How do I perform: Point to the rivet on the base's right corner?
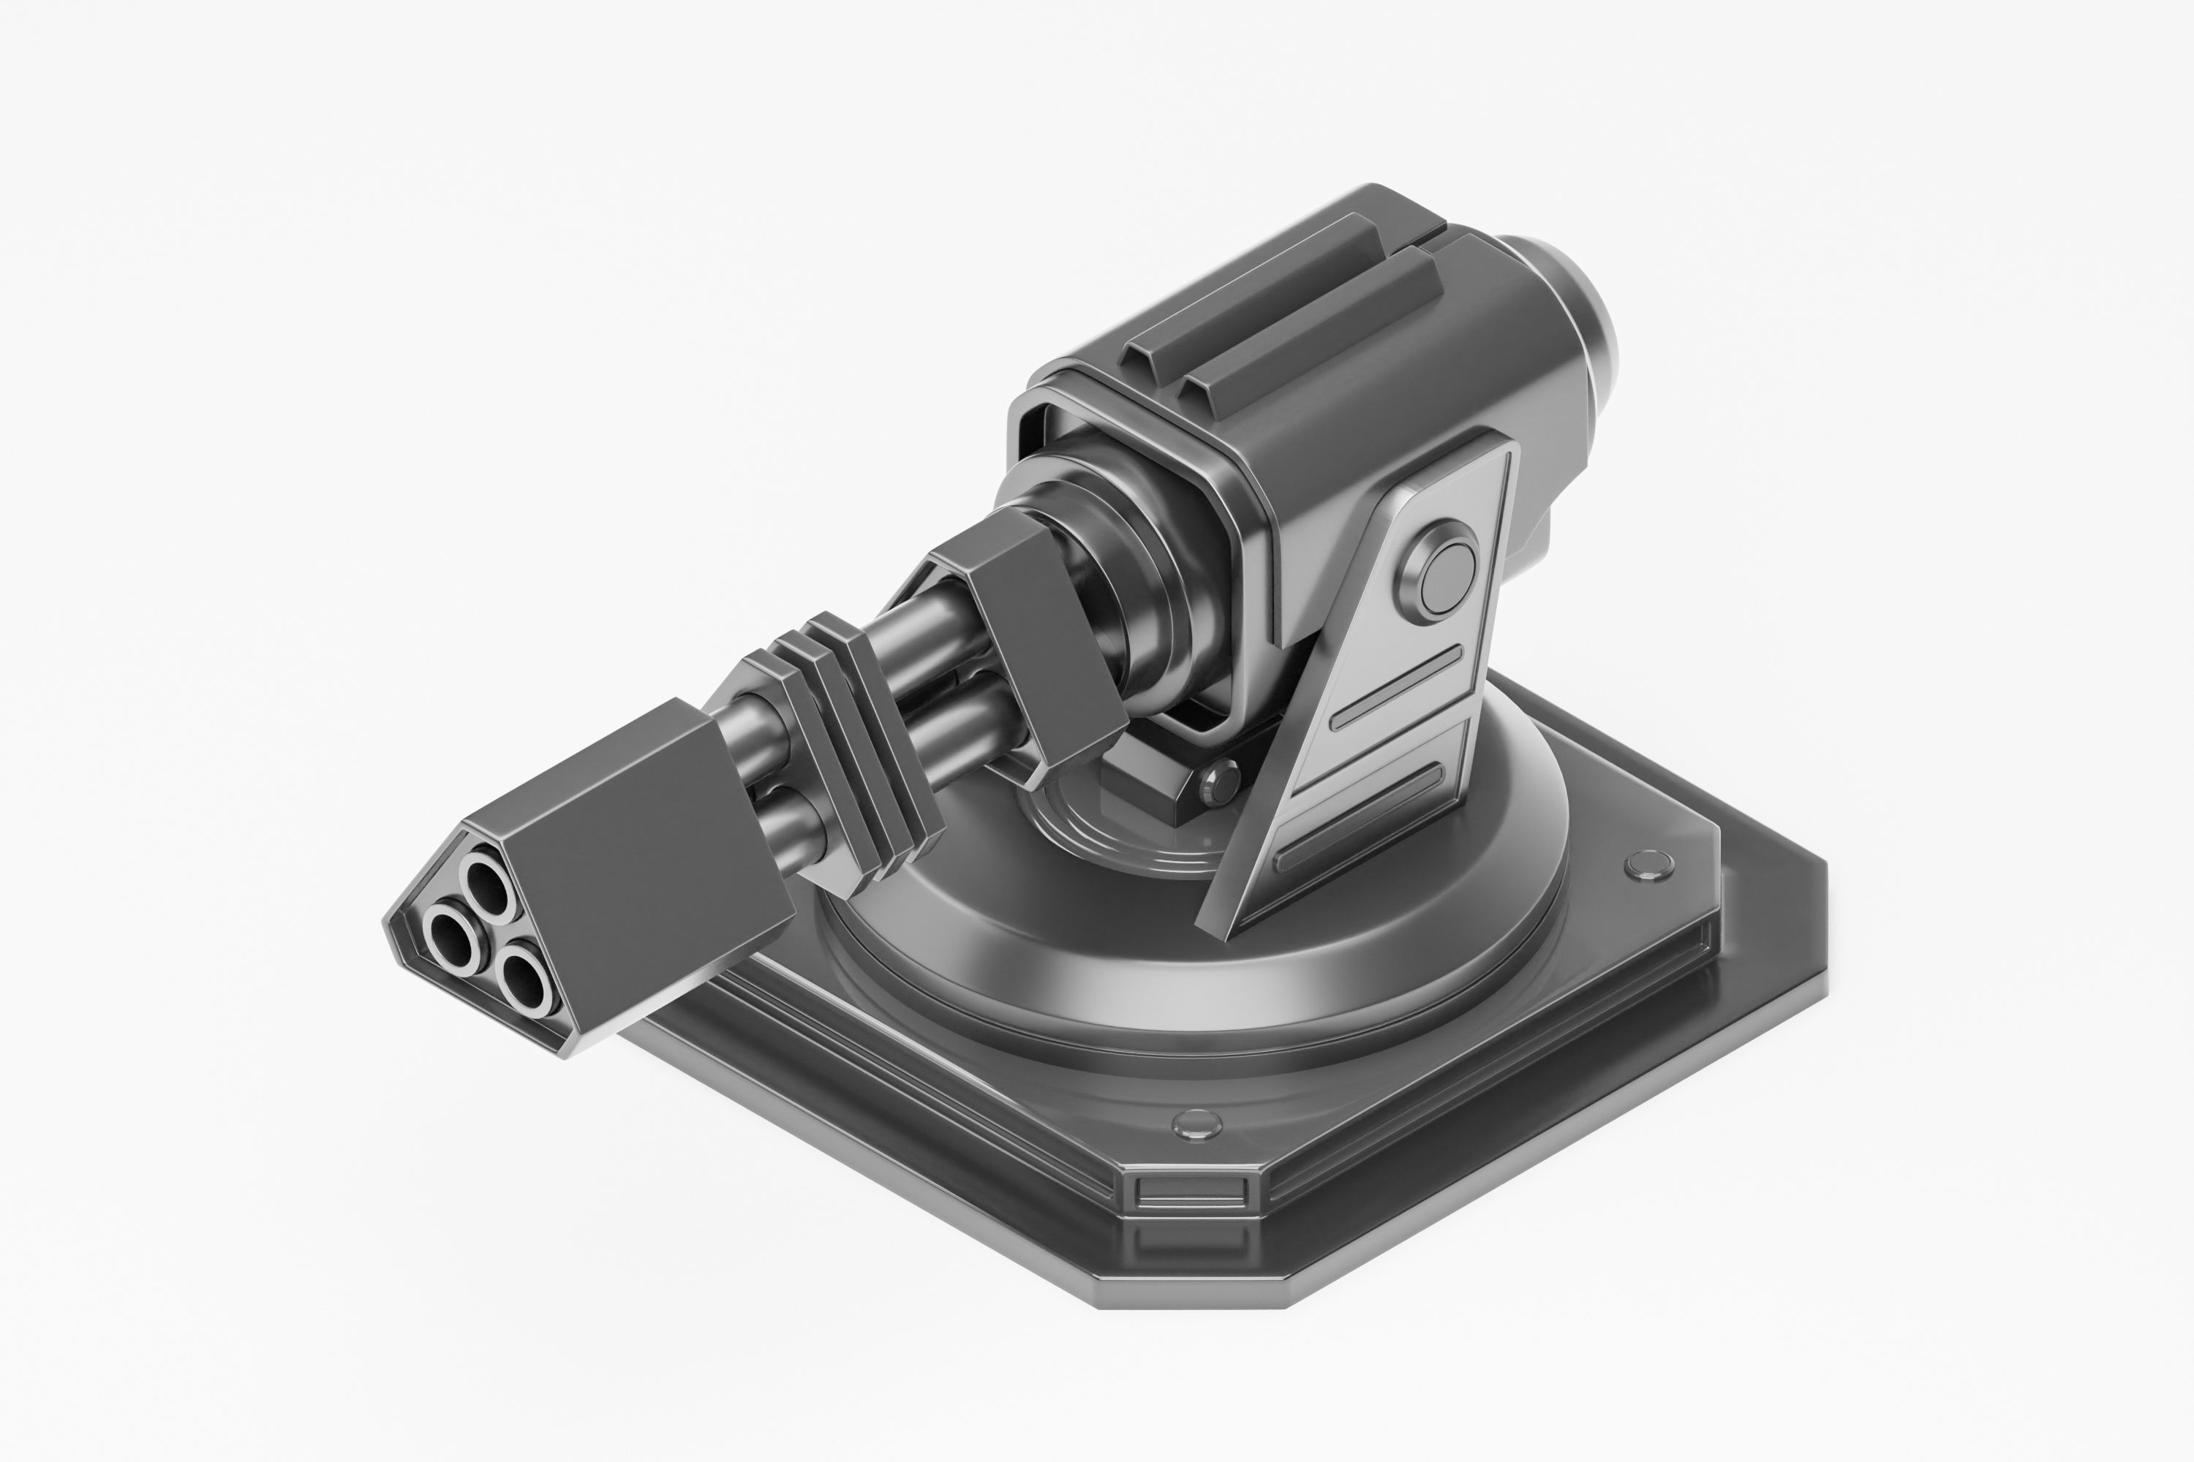click(1648, 867)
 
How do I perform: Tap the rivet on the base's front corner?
click(1196, 1126)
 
